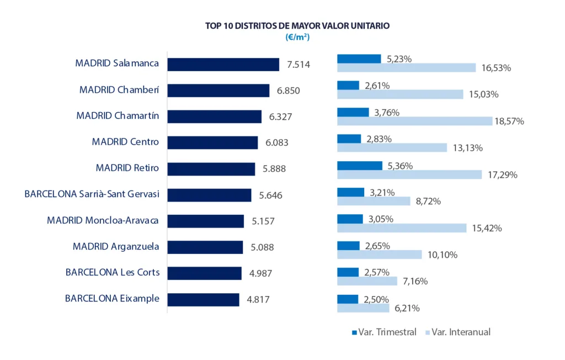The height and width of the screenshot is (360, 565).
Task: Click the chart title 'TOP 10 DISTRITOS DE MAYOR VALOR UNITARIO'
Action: [298, 25]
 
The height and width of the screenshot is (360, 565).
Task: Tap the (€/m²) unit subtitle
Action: [298, 37]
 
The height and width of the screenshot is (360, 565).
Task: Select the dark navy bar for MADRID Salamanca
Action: [223, 64]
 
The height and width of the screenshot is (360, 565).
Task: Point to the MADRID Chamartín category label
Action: [118, 116]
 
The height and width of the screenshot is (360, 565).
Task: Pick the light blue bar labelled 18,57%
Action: [414, 121]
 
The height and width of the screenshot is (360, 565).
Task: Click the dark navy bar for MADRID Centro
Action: [212, 142]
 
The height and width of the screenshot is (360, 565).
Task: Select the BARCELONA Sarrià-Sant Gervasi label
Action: [92, 194]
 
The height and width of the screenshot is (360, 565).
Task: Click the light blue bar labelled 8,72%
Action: [374, 201]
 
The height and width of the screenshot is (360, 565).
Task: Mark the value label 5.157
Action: [263, 221]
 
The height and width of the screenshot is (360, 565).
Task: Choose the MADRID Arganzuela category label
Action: [116, 247]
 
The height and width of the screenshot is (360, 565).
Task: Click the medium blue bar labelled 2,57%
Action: [348, 272]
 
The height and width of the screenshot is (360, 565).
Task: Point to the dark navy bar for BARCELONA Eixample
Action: [203, 299]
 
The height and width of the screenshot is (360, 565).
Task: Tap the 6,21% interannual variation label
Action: [407, 308]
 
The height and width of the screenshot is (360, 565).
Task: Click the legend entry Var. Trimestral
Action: [383, 332]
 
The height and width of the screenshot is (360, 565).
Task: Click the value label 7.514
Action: [298, 65]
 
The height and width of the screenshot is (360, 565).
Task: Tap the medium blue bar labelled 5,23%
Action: [359, 59]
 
